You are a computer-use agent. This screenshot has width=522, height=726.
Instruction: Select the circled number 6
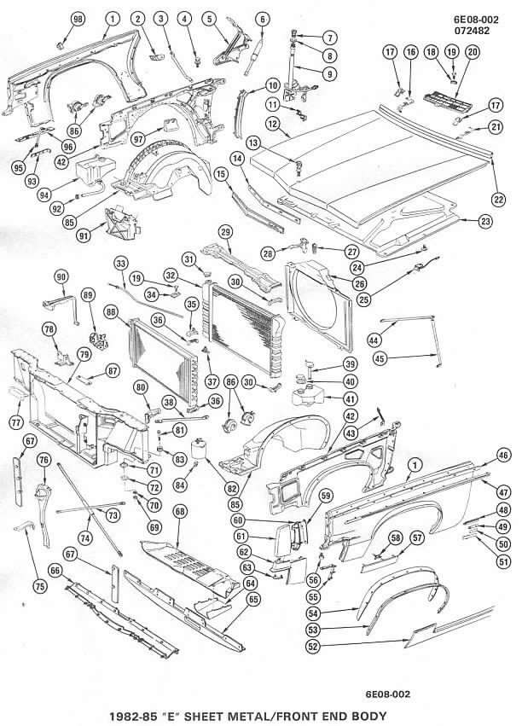tap(262, 18)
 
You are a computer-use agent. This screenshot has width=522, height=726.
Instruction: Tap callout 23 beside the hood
tap(486, 222)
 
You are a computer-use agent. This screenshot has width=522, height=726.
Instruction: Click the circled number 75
tap(39, 585)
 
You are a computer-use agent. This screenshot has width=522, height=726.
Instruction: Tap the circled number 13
tap(253, 142)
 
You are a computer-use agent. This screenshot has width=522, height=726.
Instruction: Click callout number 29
tap(226, 231)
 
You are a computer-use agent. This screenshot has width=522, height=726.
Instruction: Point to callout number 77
tap(16, 421)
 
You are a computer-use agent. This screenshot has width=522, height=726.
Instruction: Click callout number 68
tap(180, 511)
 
